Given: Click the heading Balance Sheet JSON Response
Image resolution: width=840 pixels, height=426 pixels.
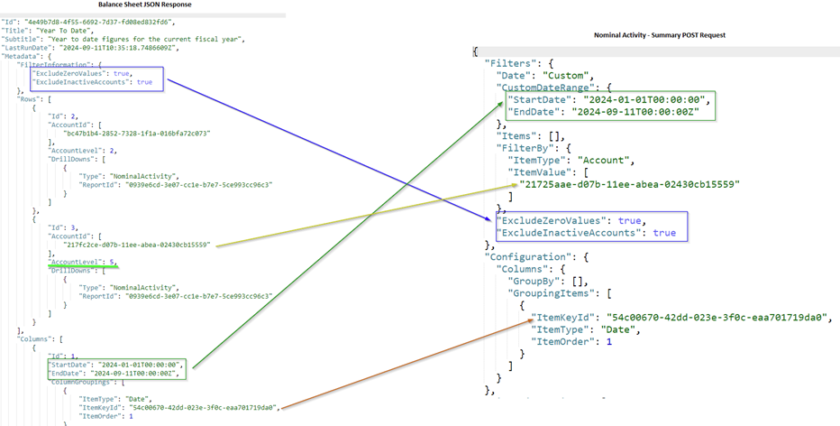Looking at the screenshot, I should [144, 5].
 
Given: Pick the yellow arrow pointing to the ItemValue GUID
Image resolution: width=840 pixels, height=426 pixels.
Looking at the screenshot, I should [361, 216].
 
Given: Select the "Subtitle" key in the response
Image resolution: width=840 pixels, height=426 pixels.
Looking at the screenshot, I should [22, 40].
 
